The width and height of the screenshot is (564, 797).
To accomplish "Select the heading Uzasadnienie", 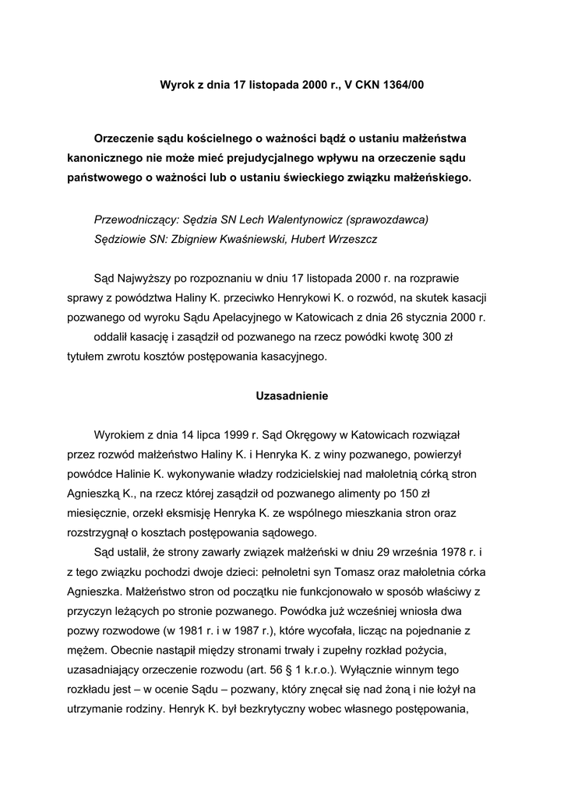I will (292, 396).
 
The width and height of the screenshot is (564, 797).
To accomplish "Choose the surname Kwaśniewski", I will (245, 239).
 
